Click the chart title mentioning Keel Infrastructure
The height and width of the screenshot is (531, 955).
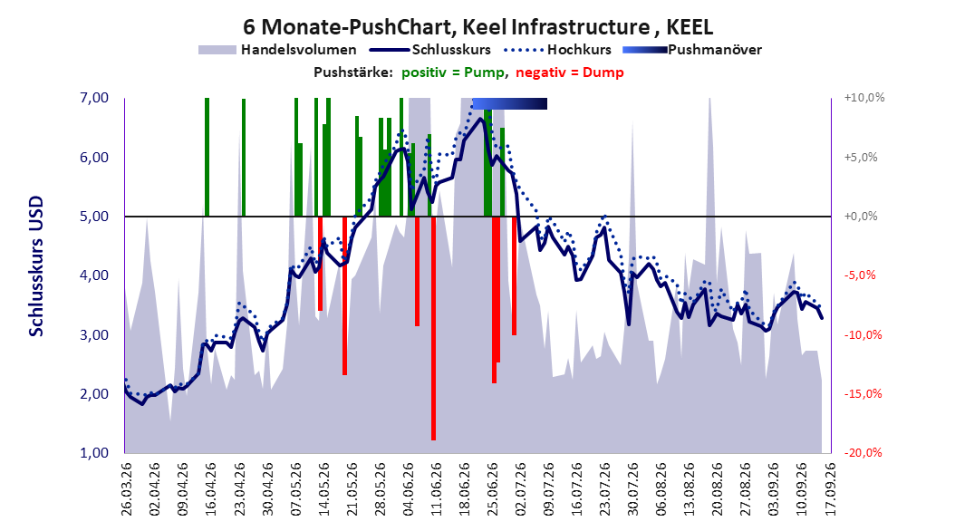tap(478, 27)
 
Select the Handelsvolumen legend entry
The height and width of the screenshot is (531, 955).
tap(277, 50)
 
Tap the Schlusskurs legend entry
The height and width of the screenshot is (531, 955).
tap(430, 50)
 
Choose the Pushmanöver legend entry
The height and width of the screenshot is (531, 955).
tap(692, 50)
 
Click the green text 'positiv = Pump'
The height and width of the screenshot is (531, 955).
tap(452, 72)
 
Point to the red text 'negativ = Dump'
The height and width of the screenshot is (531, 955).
tap(570, 72)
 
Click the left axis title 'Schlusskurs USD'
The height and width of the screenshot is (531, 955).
tap(36, 266)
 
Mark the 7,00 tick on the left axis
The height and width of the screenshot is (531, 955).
tap(94, 98)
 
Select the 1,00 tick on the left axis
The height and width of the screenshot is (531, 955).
tap(94, 453)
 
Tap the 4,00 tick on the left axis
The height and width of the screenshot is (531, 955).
tap(94, 275)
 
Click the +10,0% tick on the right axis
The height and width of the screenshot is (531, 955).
tap(864, 98)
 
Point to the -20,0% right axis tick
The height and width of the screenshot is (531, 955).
tap(863, 453)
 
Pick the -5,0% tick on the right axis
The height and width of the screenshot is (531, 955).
tap(861, 275)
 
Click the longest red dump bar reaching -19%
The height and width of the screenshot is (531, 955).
tap(434, 328)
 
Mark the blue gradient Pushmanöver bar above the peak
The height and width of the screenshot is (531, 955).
tap(510, 104)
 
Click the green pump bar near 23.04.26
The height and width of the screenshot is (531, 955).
tap(244, 158)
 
